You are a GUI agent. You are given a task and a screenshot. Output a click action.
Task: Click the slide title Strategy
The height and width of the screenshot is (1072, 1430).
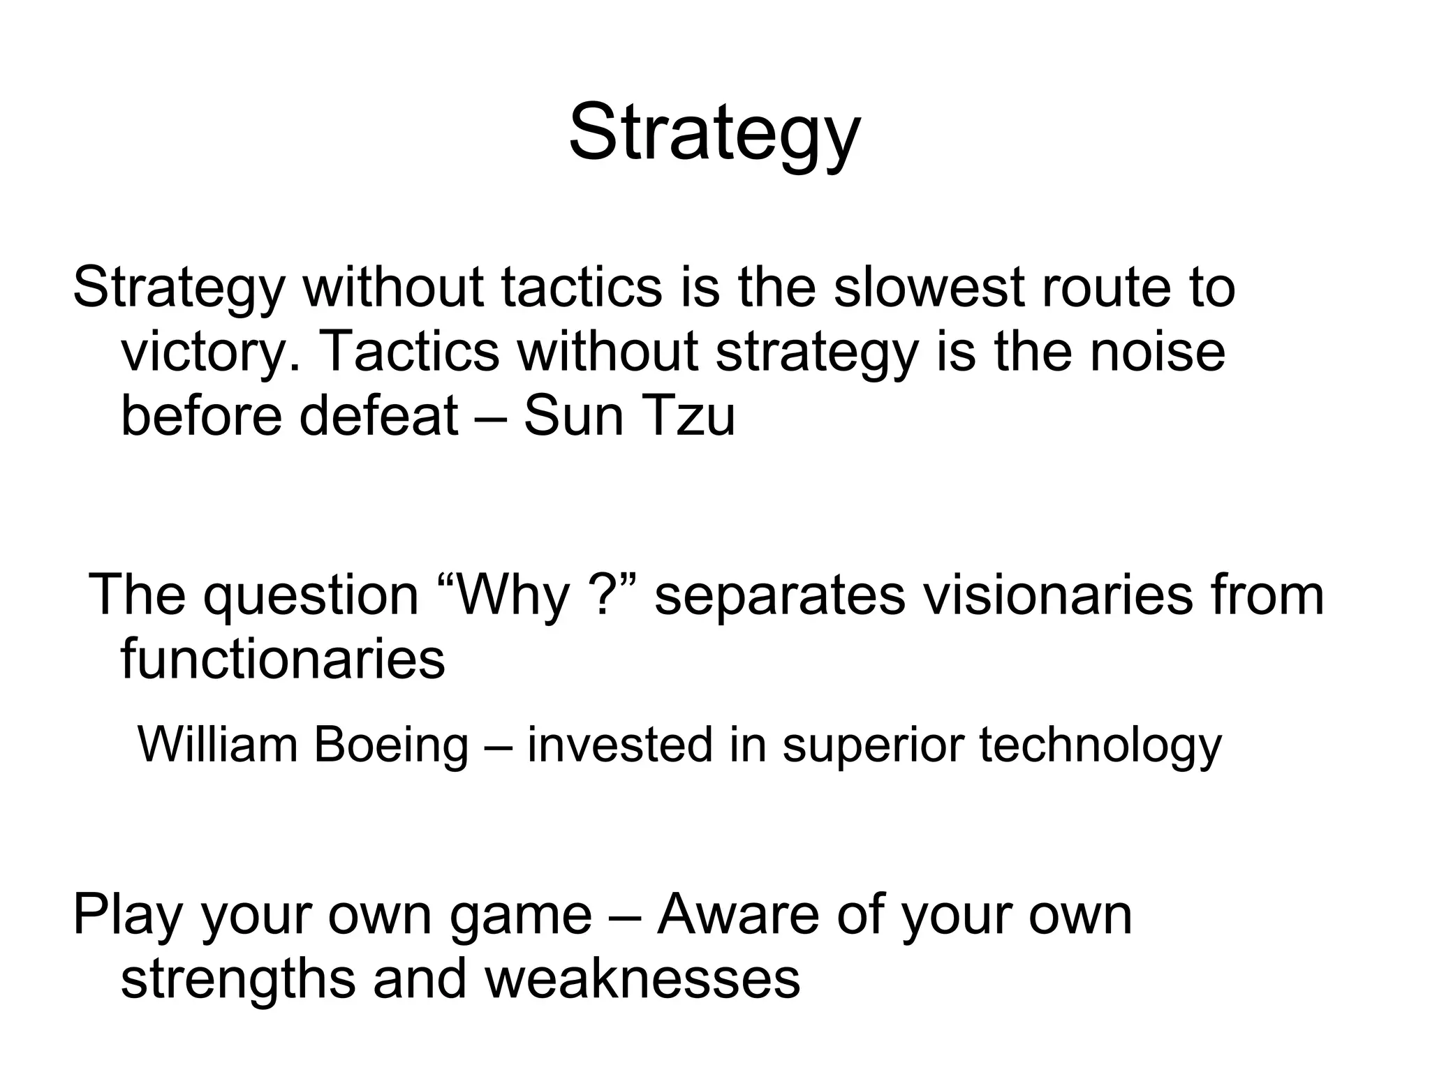coord(714,133)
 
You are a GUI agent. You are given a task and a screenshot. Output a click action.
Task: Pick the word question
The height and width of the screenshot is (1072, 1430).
coord(311,595)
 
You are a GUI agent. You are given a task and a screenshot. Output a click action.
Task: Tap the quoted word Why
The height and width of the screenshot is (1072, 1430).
coord(513,595)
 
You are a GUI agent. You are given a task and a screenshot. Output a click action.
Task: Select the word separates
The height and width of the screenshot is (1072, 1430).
coord(779,595)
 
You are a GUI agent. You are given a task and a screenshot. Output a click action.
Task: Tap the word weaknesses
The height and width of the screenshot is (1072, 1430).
coord(642,978)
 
